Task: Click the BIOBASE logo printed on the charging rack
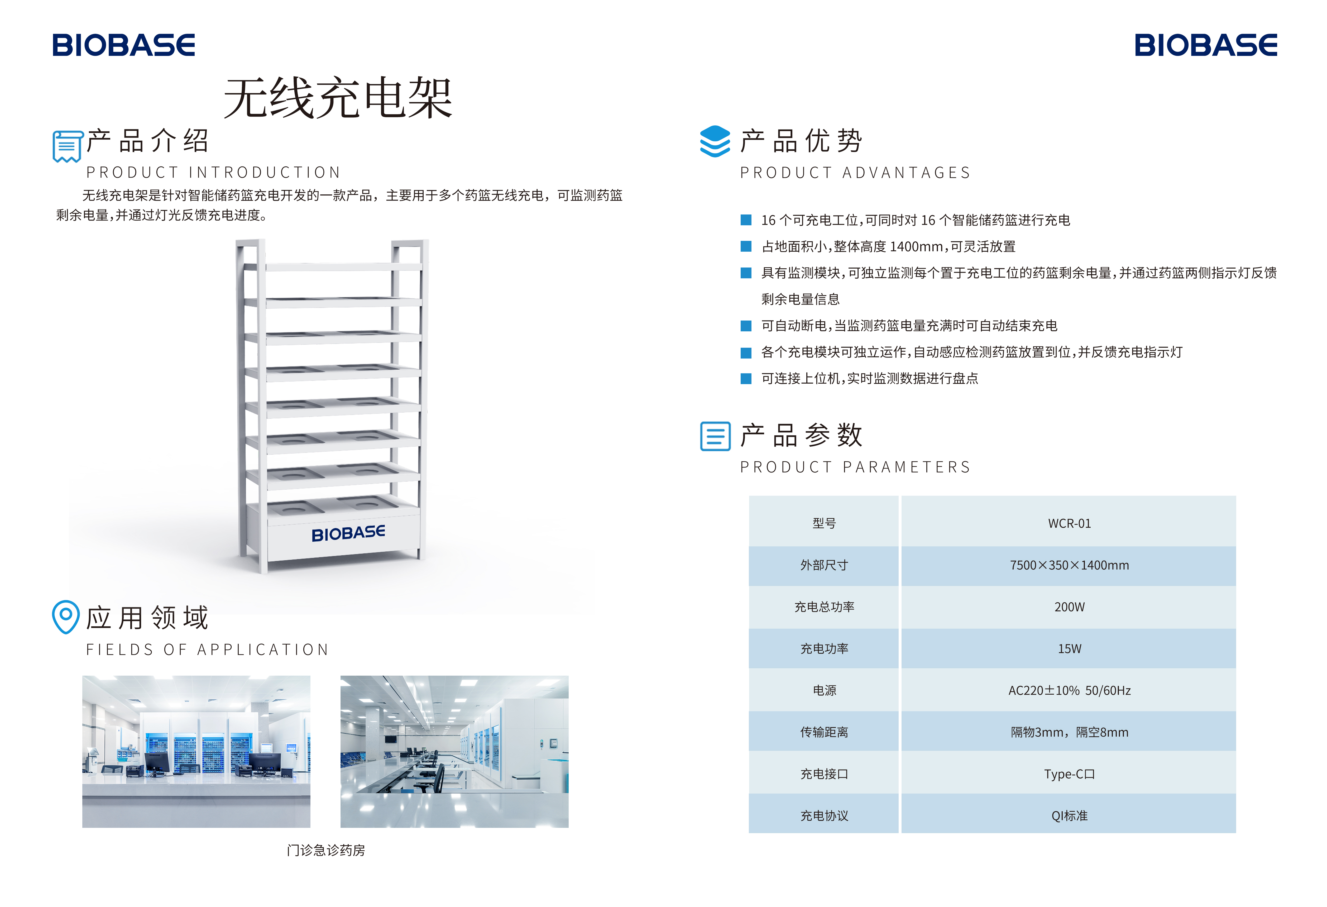point(348,533)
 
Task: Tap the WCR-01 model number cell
point(1069,523)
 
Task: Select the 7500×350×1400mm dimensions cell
point(1069,565)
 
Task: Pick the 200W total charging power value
point(1069,607)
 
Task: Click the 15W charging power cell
point(1069,648)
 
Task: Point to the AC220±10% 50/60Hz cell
point(1069,690)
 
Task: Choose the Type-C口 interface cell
point(1069,774)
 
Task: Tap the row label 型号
point(824,523)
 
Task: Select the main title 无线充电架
point(338,98)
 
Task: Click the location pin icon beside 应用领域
point(66,616)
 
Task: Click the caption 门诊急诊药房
point(325,850)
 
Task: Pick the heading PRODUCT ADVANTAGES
point(855,173)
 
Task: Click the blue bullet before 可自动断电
point(746,326)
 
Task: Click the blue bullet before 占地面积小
point(746,246)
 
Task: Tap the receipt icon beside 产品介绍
point(67,146)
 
